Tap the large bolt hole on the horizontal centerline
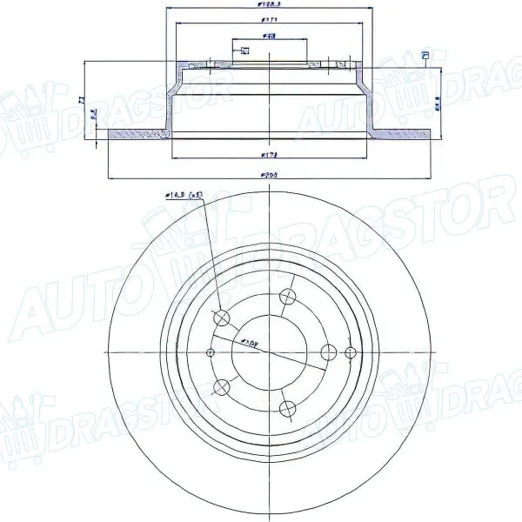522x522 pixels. pyautogui.click(x=329, y=351)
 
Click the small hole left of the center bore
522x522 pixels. pyautogui.click(x=210, y=352)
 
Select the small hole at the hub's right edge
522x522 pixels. pyautogui.click(x=351, y=351)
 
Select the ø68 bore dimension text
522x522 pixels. pyautogui.click(x=271, y=36)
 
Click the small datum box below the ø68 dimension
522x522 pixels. pyautogui.click(x=244, y=50)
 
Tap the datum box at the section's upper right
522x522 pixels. pyautogui.click(x=425, y=57)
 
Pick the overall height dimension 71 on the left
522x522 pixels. pyautogui.click(x=81, y=100)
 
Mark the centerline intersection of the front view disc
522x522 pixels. pyautogui.click(x=272, y=351)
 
